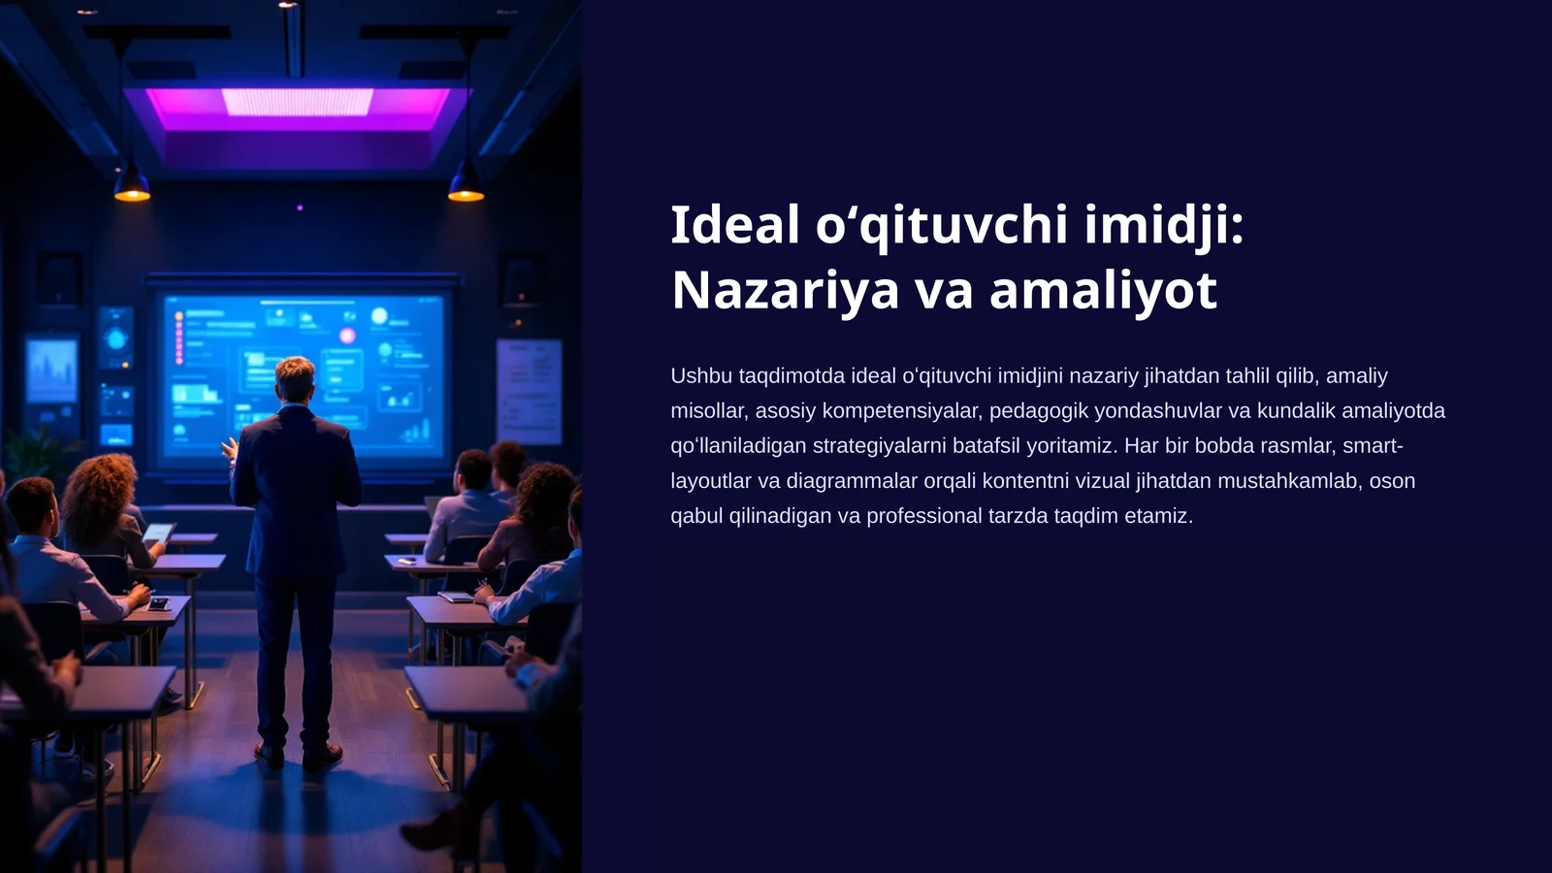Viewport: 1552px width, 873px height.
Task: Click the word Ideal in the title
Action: pyautogui.click(x=735, y=225)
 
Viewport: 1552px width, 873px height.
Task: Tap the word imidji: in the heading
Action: pyautogui.click(x=1163, y=225)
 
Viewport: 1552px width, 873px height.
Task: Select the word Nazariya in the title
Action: pyautogui.click(x=785, y=290)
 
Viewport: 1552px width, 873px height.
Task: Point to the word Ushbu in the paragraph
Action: pyautogui.click(x=700, y=375)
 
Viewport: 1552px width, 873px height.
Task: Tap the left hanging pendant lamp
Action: pyautogui.click(x=132, y=184)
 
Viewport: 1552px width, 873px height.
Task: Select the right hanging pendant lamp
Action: pyautogui.click(x=466, y=184)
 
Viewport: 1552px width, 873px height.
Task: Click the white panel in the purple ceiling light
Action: pyautogui.click(x=297, y=102)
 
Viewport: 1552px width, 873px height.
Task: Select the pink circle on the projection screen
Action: pyautogui.click(x=346, y=336)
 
